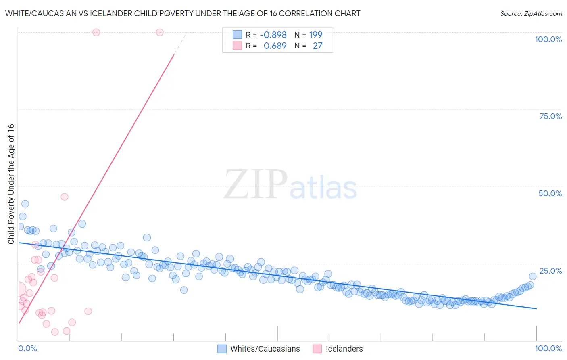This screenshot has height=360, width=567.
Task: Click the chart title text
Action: (183, 13)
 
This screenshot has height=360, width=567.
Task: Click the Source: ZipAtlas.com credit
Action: (531, 13)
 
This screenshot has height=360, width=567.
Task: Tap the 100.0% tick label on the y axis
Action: (548, 39)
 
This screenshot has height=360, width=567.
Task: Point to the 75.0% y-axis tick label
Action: (550, 116)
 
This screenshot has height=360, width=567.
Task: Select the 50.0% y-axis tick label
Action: (550, 193)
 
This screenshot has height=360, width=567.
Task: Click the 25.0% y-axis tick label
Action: (550, 270)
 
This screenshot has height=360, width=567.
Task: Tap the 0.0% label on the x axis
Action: (28, 348)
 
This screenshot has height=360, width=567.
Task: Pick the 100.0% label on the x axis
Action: (548, 348)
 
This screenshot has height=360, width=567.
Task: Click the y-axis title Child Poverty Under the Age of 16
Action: (11, 184)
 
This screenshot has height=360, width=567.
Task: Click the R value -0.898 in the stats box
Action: (273, 35)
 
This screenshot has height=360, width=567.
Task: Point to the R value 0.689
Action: (275, 46)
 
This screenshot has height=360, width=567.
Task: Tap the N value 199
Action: (316, 35)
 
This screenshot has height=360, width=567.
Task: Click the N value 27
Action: (317, 46)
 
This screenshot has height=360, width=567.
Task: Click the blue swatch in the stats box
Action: (237, 35)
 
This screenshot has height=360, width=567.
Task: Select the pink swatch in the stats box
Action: (237, 46)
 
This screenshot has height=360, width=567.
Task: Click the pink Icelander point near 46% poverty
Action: (65, 197)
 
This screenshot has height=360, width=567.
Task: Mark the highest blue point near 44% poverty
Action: (25, 204)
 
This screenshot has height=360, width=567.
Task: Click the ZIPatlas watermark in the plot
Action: (290, 184)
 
